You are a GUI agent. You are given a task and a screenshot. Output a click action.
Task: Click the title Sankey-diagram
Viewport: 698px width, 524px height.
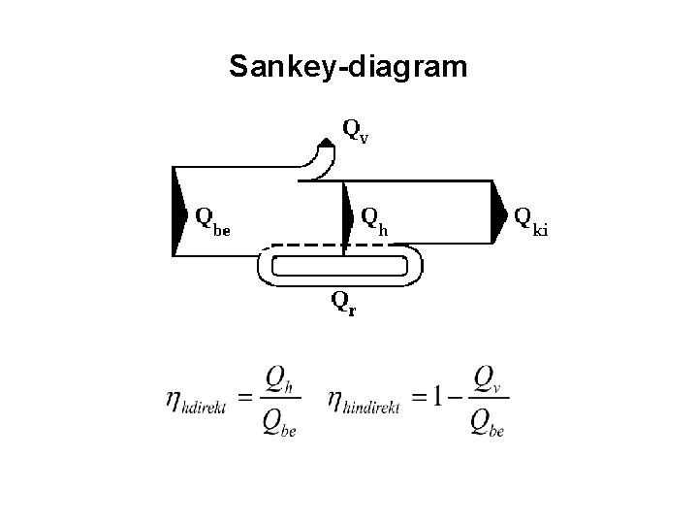pos(348,67)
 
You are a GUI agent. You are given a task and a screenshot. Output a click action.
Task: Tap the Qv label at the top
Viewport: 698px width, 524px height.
pos(356,130)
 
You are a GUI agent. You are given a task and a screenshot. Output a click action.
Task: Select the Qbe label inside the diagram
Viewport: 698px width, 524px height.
pos(212,221)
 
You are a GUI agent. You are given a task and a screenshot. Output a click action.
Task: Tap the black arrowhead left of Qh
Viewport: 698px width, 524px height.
pos(348,214)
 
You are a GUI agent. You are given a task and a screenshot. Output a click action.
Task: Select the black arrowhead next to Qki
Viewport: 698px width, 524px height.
pos(498,213)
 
